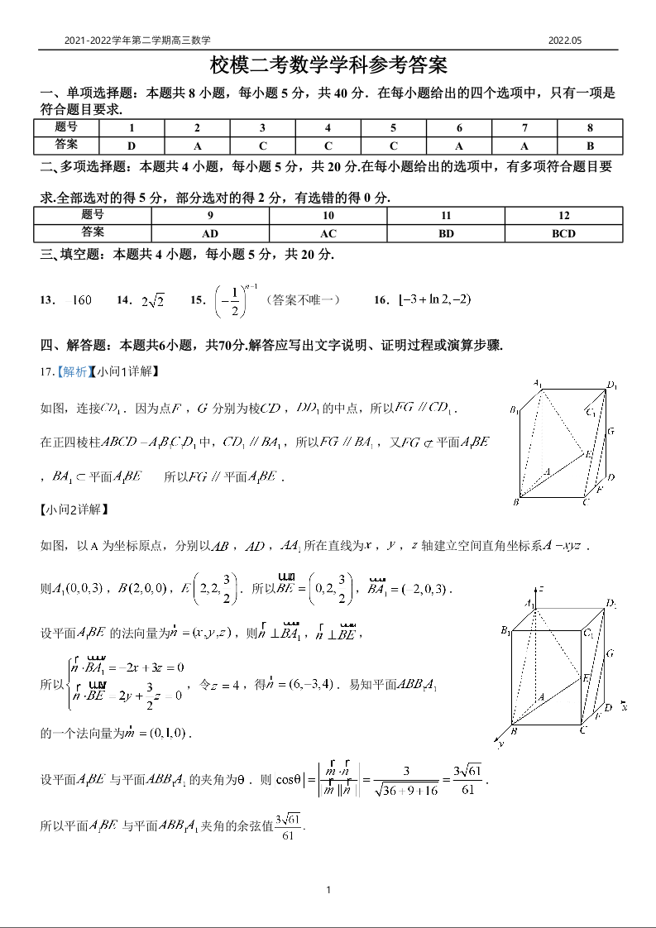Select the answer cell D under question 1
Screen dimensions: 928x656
[x=132, y=146]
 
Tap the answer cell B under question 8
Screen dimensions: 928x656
[x=590, y=146]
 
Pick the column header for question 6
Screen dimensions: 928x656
[x=459, y=128]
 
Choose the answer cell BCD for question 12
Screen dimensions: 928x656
[x=563, y=233]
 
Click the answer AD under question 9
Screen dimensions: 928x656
[x=210, y=233]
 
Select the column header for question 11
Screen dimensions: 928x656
[x=446, y=216]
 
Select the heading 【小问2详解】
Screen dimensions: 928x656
[x=73, y=509]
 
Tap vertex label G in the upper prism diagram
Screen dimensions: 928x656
[x=611, y=432]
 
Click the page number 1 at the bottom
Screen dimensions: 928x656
[x=328, y=890]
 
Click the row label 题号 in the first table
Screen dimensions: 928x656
[x=66, y=128]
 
